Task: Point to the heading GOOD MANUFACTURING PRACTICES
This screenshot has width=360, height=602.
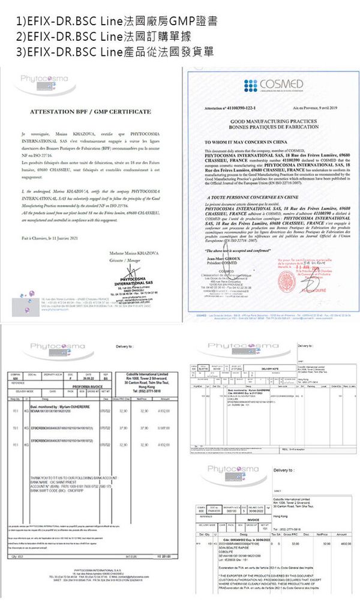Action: (266, 121)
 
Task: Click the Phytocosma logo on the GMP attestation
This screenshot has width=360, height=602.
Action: (45, 79)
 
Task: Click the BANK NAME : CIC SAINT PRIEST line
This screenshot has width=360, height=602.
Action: (57, 481)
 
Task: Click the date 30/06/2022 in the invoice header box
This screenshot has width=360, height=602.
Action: (260, 510)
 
